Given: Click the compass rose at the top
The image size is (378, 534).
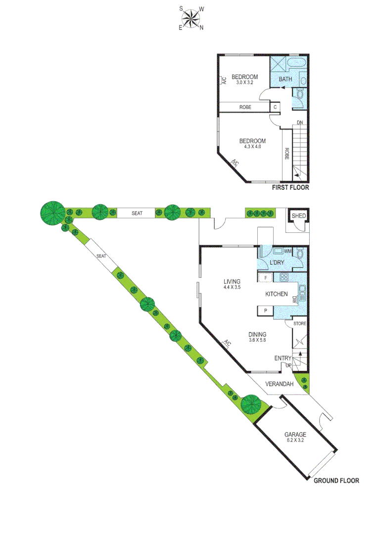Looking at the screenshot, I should [191, 18].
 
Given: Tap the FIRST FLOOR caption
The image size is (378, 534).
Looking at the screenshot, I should [291, 188].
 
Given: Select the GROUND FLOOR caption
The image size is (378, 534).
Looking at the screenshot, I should [336, 480].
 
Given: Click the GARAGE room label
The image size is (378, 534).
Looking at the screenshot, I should [295, 435].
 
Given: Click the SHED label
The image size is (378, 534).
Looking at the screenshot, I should [298, 216].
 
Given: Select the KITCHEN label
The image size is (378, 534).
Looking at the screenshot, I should [277, 294].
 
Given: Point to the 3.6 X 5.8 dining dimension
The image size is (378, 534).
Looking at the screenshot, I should [257, 340].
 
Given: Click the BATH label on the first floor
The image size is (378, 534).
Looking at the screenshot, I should [285, 79].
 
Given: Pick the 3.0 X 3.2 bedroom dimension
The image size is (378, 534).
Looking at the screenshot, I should [244, 83].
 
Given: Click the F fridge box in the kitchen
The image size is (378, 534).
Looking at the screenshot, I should [266, 277].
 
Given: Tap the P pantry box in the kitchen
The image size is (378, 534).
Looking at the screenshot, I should [266, 311].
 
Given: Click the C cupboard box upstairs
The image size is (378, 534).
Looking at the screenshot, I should [275, 107].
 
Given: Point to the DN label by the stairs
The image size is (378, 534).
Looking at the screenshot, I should [300, 123].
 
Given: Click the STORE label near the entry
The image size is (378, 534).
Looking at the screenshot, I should [300, 323].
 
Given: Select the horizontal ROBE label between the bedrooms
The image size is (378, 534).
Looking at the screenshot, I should [245, 107].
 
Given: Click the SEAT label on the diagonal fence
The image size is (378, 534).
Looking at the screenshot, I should [101, 256].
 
